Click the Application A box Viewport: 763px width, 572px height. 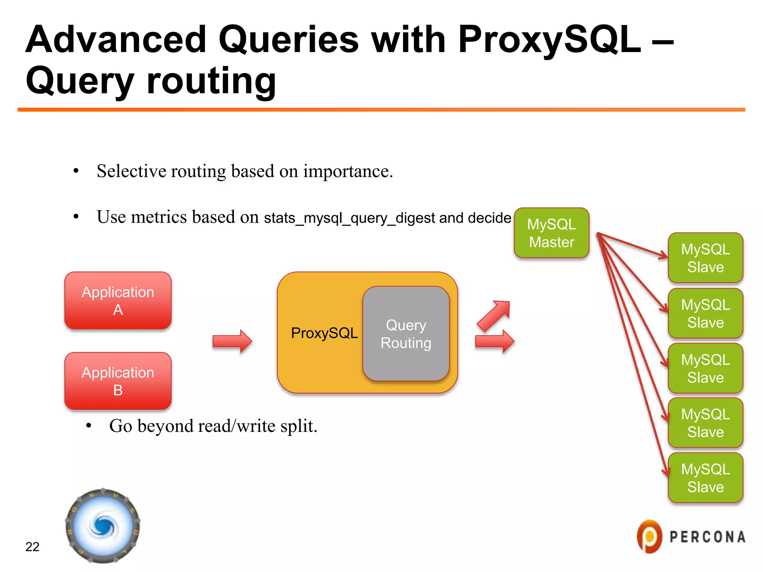tap(118, 301)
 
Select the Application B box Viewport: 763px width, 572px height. tap(118, 381)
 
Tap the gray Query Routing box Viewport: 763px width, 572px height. tap(406, 334)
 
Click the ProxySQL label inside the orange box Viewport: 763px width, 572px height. tap(324, 333)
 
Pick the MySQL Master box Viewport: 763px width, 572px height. tap(551, 233)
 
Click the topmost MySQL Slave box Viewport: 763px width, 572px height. tap(705, 258)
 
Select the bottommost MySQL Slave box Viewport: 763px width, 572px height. tap(705, 478)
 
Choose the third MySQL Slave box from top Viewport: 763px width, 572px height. tap(705, 368)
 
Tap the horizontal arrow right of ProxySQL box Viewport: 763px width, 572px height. tap(495, 341)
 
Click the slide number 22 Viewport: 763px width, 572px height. tap(32, 546)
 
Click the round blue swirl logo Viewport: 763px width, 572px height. tap(103, 525)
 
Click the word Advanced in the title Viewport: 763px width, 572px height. tap(115, 39)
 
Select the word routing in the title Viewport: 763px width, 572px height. tap(211, 80)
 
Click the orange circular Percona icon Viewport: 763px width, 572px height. tap(649, 537)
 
